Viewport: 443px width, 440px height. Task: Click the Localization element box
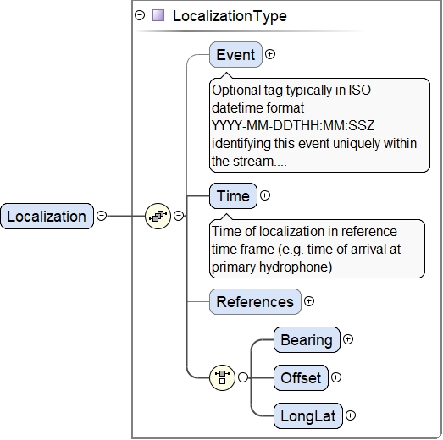(47, 216)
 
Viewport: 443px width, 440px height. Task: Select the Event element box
(235, 54)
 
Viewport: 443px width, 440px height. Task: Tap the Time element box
(233, 195)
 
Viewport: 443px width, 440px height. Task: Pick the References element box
(255, 301)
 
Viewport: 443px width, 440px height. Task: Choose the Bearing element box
(307, 339)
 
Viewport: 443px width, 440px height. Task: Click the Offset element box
(301, 377)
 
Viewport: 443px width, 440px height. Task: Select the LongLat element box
(308, 415)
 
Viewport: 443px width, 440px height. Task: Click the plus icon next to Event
(270, 54)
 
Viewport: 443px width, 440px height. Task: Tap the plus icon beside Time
(265, 195)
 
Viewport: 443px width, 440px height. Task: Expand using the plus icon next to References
(309, 301)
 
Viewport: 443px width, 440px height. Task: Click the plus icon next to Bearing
(348, 339)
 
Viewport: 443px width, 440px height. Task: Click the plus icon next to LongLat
(351, 415)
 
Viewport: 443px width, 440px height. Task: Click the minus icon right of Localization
(102, 216)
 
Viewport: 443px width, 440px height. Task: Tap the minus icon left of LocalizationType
(140, 15)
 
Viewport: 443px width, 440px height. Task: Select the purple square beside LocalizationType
(158, 15)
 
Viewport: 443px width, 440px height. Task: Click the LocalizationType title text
(230, 16)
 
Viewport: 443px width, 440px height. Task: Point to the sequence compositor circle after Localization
(158, 216)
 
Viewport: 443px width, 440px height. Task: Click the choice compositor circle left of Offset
(223, 377)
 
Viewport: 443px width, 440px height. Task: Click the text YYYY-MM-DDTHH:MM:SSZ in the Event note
(293, 125)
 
